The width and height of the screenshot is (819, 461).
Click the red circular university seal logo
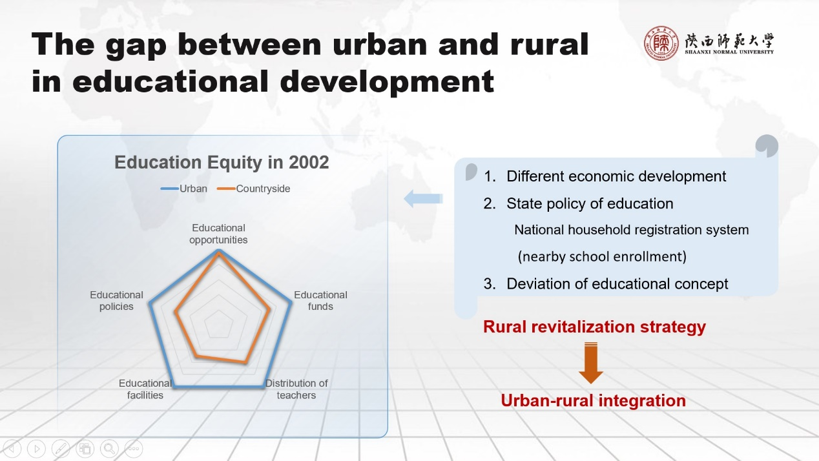point(661,43)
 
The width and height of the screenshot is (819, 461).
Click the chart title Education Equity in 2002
point(222,162)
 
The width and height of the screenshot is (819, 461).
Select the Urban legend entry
point(183,189)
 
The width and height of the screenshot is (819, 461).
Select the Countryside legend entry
point(253,189)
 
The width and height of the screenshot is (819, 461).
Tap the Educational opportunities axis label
point(218,234)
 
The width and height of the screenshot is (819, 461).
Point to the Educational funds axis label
point(320,300)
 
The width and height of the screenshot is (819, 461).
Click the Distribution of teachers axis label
point(296,389)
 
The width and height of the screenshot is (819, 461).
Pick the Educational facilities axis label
point(145,389)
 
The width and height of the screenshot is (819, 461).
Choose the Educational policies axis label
point(116,300)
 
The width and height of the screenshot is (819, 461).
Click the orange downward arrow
point(591,363)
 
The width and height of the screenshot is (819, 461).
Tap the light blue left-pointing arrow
point(424,198)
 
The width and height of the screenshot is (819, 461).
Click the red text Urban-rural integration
point(593,401)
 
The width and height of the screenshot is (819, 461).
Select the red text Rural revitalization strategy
point(594,327)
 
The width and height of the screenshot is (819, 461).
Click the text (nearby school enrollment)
point(602,256)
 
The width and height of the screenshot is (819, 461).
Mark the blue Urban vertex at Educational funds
point(291,302)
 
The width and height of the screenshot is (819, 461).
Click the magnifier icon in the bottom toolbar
point(109,448)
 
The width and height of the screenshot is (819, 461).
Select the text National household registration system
point(632,230)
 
